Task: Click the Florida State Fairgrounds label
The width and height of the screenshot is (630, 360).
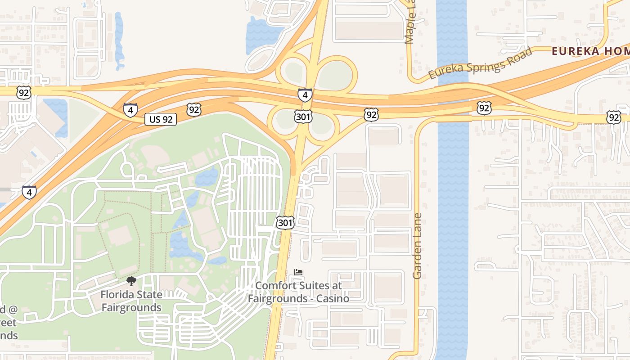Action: coord(131,301)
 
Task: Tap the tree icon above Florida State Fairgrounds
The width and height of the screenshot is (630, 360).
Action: coord(131,282)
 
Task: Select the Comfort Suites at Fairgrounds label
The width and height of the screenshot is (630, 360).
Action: coord(299,292)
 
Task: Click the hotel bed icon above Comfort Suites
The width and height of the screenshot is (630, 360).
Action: coord(299,272)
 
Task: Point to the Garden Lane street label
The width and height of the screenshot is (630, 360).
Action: coord(418,246)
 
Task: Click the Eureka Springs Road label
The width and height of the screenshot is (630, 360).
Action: coord(480,63)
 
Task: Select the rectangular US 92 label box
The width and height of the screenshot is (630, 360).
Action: coord(161,119)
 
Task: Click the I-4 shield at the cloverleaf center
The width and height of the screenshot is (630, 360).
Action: coord(305,95)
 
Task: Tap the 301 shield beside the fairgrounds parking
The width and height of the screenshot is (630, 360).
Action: coord(285,222)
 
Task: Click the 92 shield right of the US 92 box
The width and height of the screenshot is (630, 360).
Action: coord(194,109)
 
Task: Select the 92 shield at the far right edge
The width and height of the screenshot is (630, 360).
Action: coord(613,117)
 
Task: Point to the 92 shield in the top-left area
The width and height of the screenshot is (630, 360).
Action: coord(23,93)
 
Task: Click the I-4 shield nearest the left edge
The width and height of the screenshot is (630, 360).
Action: coord(29,192)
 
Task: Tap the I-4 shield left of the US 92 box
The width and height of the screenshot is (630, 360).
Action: coord(130,110)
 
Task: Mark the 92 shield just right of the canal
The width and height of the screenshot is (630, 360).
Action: coord(484,108)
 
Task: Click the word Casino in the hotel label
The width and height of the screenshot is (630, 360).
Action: coord(331,298)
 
